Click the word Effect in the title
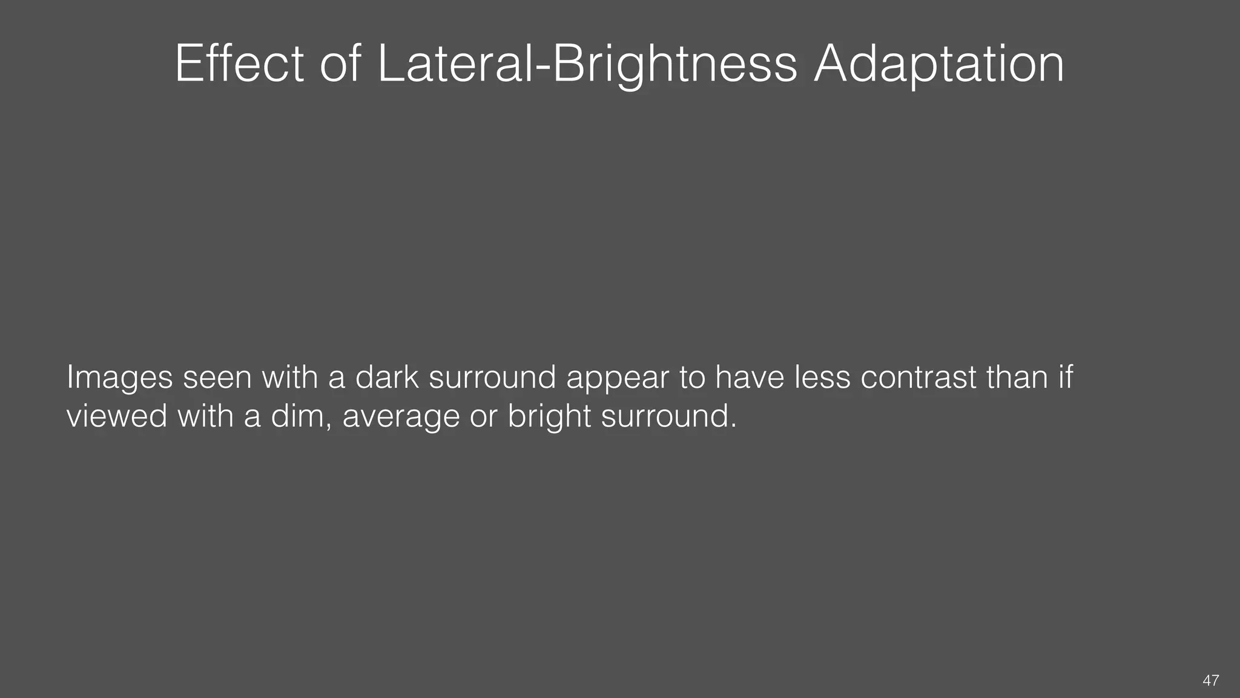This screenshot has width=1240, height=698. [x=239, y=64]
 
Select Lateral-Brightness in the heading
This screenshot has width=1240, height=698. [x=587, y=65]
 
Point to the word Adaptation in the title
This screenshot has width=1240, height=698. [x=939, y=65]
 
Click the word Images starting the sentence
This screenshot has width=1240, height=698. [x=120, y=378]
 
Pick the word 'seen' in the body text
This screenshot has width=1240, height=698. [x=217, y=377]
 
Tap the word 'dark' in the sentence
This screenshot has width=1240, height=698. [x=386, y=377]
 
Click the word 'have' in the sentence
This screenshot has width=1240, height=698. [x=750, y=377]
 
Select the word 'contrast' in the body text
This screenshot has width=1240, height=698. [x=918, y=377]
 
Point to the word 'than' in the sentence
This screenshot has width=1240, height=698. [x=1017, y=377]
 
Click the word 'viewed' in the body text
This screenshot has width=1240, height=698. [x=116, y=416]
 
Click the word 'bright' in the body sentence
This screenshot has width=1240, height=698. [x=549, y=417]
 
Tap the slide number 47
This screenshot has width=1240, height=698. [x=1210, y=680]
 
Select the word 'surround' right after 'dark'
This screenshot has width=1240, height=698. [x=492, y=377]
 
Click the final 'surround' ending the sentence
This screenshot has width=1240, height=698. [x=668, y=416]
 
